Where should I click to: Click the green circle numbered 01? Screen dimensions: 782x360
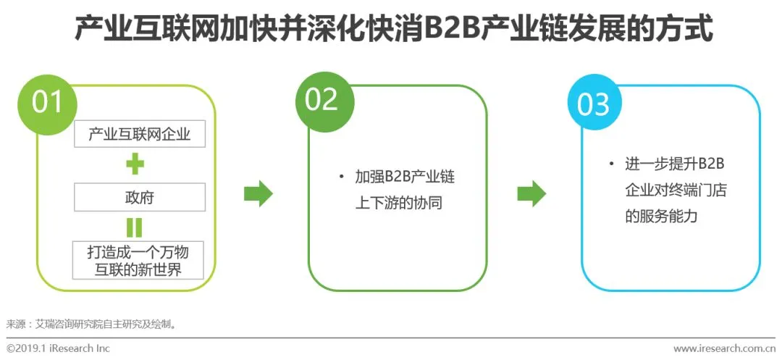point(48,102)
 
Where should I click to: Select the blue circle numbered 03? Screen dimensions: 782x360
point(594,104)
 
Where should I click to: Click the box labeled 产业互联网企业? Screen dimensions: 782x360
point(140,134)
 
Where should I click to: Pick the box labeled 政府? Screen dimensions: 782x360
point(140,197)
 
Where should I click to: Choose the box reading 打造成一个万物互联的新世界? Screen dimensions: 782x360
point(140,260)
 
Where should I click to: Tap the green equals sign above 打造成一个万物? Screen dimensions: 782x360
point(135,227)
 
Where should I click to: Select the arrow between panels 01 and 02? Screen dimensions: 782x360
point(258,193)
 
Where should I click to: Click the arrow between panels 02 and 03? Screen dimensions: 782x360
point(531,193)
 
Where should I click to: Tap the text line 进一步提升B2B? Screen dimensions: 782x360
point(675,164)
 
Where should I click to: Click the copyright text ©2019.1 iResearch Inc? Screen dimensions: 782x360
point(59,348)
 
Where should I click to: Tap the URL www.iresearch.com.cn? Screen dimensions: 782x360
point(724,348)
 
